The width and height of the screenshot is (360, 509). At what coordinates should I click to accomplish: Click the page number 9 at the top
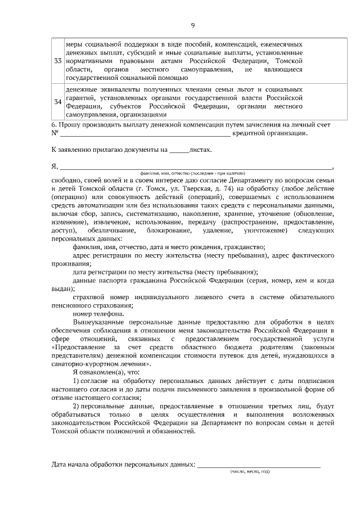coord(192,25)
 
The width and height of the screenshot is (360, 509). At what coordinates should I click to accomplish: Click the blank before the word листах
coord(179,151)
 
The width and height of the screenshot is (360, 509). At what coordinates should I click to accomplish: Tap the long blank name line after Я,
coord(196,166)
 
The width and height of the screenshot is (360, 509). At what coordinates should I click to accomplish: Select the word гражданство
coord(246,247)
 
